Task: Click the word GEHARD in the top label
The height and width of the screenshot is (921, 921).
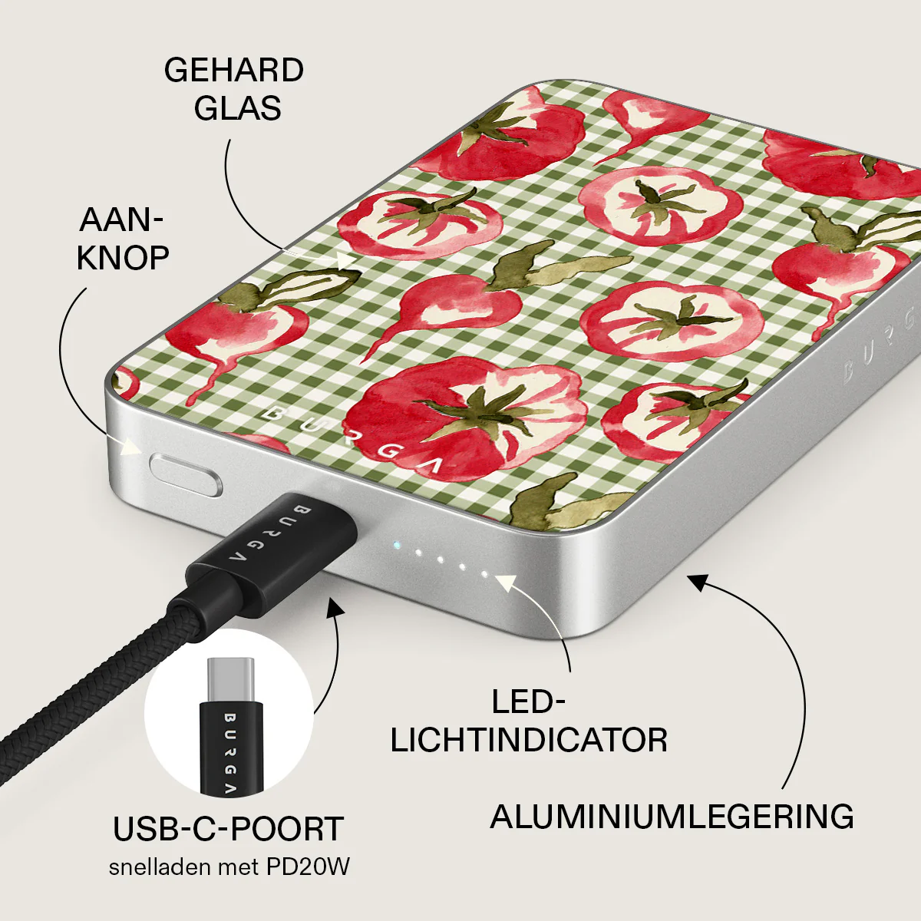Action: [x=234, y=71]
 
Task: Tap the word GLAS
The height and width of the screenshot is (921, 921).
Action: [x=237, y=108]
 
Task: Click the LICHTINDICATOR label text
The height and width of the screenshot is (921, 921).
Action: [x=529, y=741]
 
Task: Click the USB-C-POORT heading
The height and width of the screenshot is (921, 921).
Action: [x=229, y=829]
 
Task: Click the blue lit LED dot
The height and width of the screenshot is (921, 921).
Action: [x=395, y=544]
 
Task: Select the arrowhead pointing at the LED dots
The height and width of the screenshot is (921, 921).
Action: [x=506, y=582]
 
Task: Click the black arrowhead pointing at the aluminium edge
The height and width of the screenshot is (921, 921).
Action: [x=698, y=582]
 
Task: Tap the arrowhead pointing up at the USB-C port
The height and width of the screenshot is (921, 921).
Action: [x=335, y=606]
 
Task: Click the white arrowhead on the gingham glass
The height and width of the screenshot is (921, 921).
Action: [x=346, y=260]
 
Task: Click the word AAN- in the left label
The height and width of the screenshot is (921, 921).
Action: [x=121, y=220]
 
